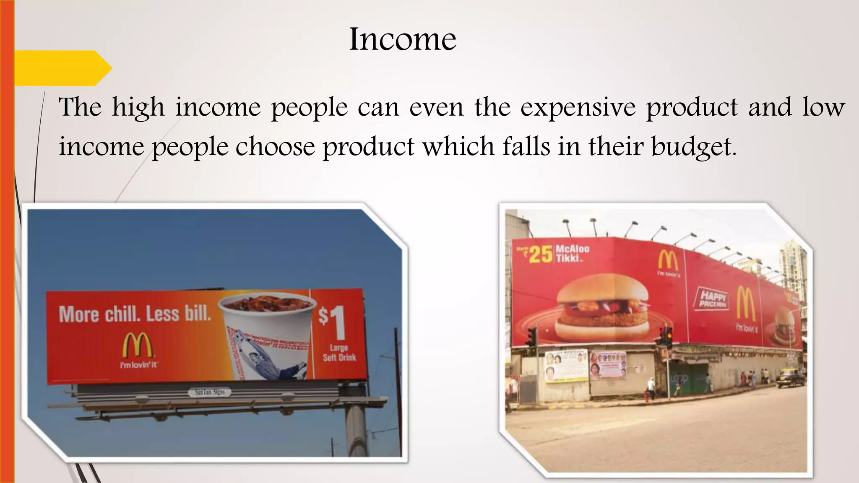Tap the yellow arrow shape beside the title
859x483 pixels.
[x=63, y=68]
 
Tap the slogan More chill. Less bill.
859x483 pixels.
[x=135, y=314]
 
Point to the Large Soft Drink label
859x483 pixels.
[x=339, y=353]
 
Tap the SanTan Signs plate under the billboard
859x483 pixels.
[x=210, y=392]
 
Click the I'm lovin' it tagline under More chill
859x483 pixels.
[x=138, y=365]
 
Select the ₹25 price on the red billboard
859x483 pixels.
[x=537, y=254]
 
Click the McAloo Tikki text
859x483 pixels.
[x=572, y=253]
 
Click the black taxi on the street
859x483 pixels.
[x=791, y=379]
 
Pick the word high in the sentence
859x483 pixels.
[x=138, y=107]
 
